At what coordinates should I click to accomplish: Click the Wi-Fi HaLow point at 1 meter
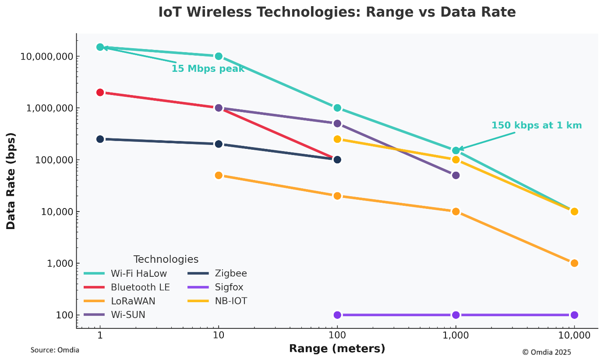point(100,47)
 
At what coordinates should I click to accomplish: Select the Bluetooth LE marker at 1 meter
point(100,92)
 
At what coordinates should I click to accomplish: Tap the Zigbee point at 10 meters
point(219,144)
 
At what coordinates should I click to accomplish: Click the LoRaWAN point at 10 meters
point(219,175)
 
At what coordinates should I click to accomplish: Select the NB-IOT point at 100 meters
point(337,139)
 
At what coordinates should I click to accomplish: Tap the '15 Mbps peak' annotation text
point(208,69)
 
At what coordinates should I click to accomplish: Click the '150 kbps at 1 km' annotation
point(536,125)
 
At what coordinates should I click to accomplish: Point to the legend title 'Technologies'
point(166,259)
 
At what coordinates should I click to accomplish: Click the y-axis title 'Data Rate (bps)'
point(11,181)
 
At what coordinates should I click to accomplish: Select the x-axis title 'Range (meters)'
point(337,349)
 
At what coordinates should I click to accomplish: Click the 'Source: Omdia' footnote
point(55,350)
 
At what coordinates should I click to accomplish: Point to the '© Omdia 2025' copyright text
point(546,352)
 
